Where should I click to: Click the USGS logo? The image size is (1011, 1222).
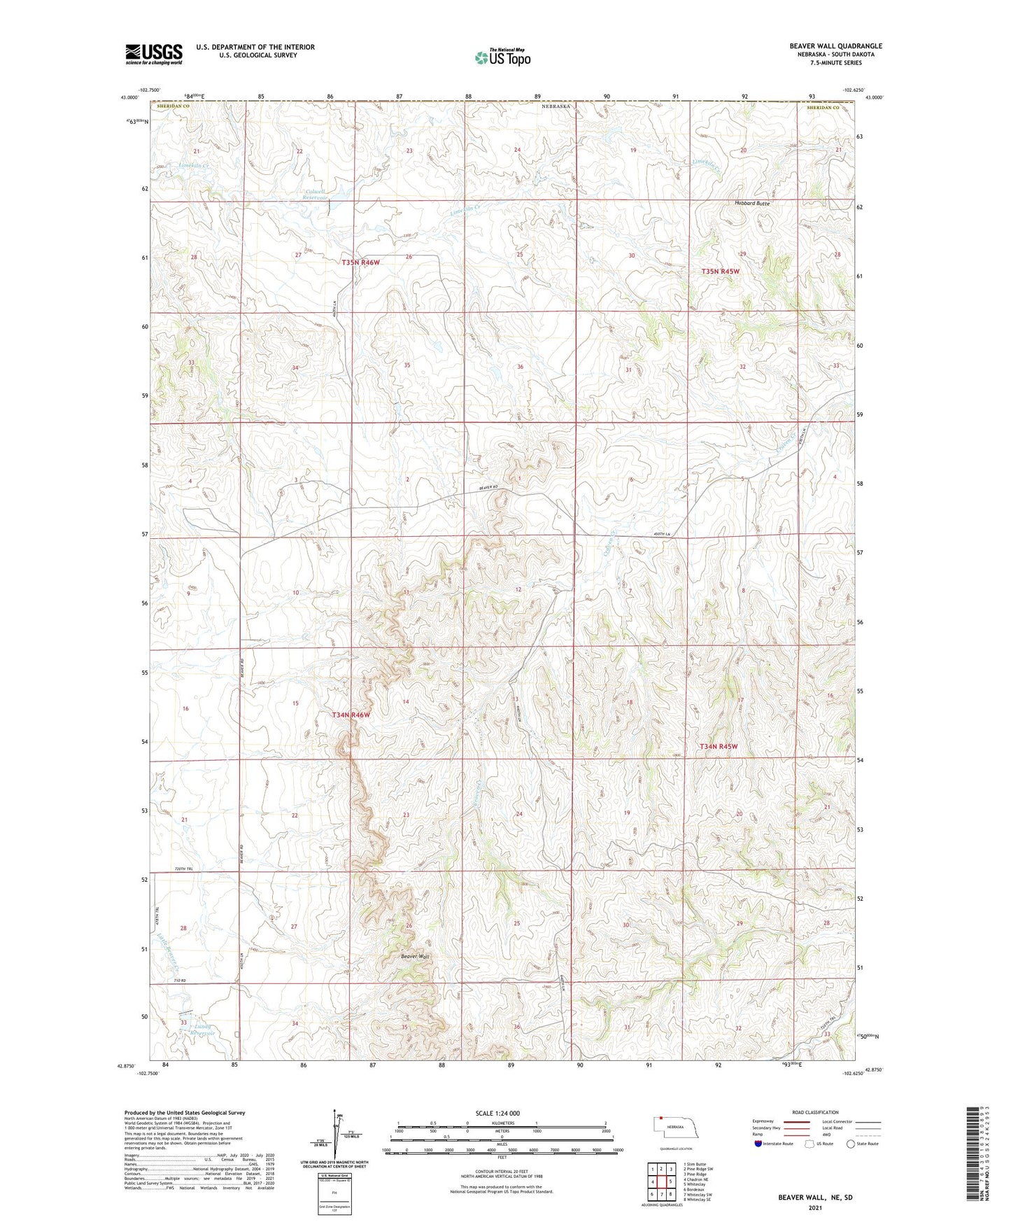point(154,54)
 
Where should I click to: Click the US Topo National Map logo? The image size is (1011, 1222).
point(502,57)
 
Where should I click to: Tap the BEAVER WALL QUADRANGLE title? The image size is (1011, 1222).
point(835,45)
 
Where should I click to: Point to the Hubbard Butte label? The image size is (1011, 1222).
point(752,204)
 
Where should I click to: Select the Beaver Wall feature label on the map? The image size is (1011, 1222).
point(414,956)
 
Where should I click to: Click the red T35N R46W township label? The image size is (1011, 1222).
point(360,262)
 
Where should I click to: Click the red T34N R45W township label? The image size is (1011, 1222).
point(719,747)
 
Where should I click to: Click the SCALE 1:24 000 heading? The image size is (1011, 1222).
point(497,1114)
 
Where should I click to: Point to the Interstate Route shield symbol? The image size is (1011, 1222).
point(759,1144)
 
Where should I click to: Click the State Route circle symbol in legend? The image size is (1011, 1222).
point(850,1144)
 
